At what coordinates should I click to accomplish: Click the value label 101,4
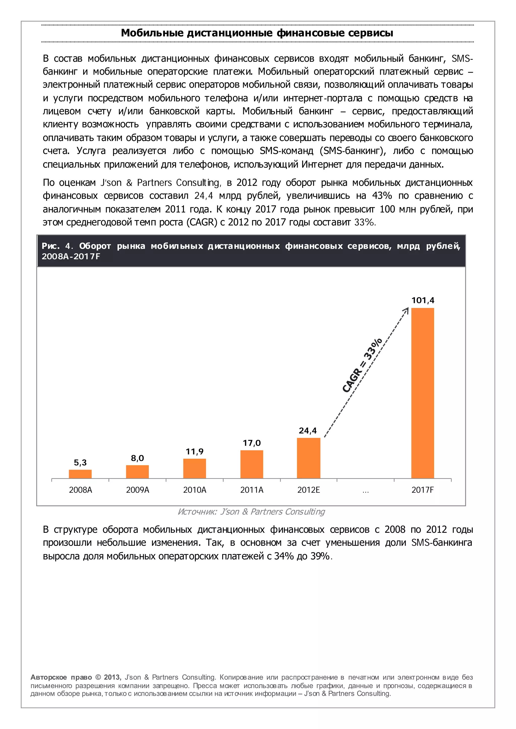tap(422, 300)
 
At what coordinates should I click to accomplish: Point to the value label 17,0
tap(252, 443)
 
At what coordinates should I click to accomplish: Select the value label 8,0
tap(137, 458)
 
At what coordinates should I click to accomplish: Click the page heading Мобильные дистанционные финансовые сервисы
tap(257, 33)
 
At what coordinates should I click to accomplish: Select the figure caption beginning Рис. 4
tap(251, 251)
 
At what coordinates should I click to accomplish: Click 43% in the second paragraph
tap(382, 196)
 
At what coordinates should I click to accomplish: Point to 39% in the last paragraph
tap(320, 556)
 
